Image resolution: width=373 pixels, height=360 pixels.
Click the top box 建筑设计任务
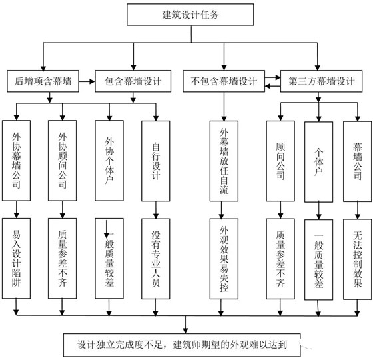[185, 14]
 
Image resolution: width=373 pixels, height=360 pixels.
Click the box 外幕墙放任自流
[224, 160]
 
